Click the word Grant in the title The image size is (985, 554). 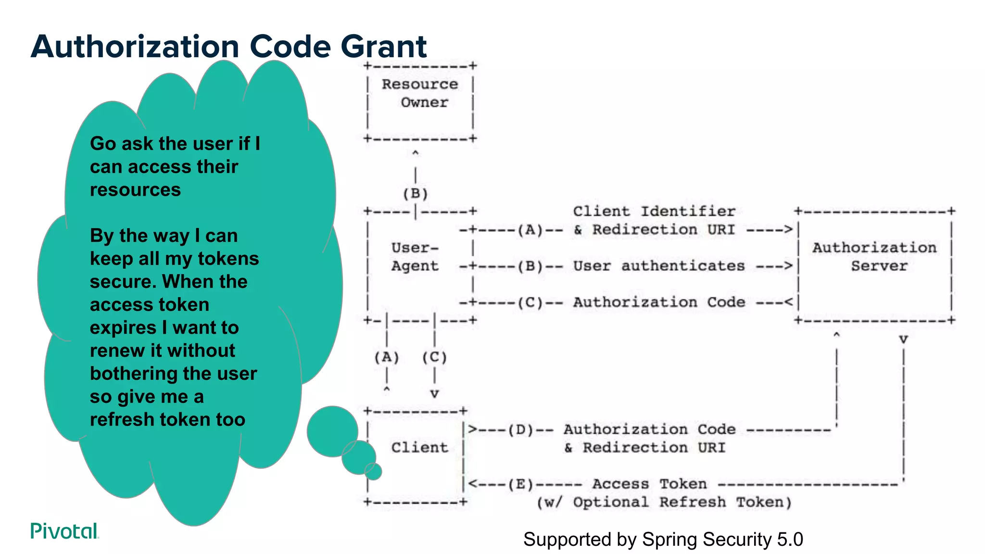point(383,47)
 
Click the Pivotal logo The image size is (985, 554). point(64,531)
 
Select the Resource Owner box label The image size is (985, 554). point(420,93)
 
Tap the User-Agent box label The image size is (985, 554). point(415,257)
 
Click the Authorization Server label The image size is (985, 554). point(875,257)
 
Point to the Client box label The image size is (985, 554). point(419,448)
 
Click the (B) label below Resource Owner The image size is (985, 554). point(416,194)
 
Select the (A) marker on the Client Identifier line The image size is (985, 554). point(530,230)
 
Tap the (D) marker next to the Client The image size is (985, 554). point(521,429)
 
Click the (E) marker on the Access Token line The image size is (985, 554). point(521,484)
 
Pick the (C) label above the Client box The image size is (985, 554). point(434,357)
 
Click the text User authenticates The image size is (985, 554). point(659,266)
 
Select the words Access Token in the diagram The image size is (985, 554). point(649,484)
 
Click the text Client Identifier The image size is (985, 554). point(654,212)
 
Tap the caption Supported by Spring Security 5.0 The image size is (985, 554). point(663,540)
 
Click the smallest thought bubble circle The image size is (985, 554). point(373,471)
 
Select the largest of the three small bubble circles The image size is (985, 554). point(332,431)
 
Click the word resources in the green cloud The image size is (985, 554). point(135,190)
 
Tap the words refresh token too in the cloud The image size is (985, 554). point(167,420)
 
